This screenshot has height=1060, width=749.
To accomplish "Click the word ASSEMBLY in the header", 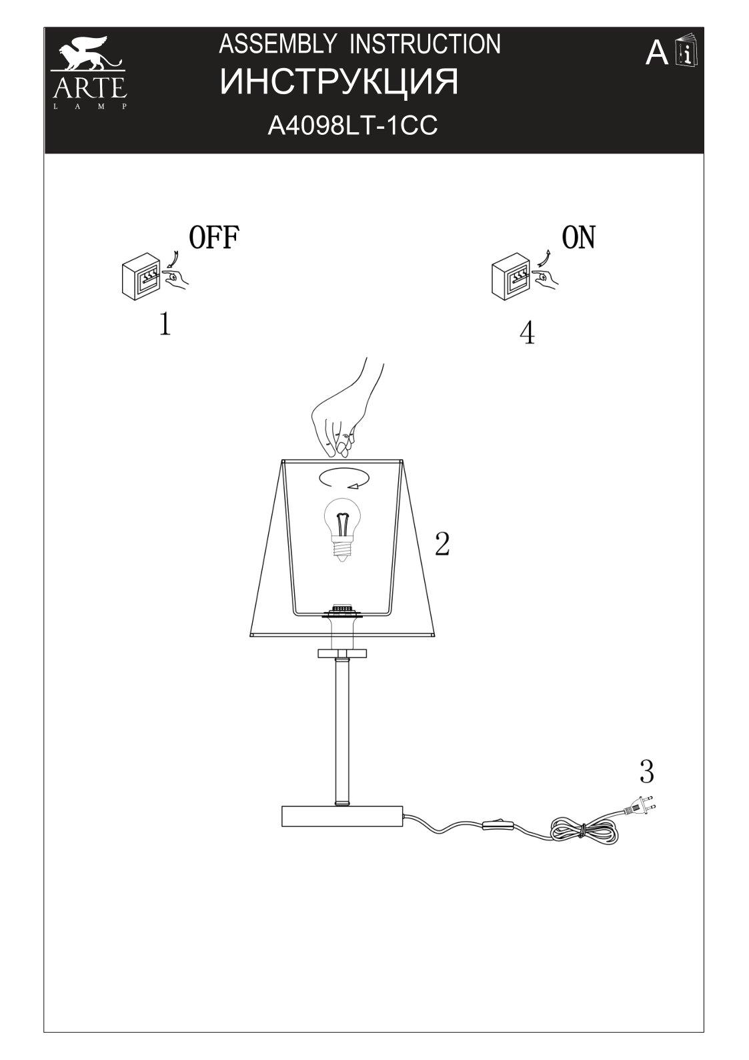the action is click(277, 44).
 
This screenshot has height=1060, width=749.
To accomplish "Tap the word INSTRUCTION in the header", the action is click(425, 44).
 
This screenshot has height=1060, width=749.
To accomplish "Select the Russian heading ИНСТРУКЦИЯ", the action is click(339, 83).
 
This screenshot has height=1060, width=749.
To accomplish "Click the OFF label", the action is click(213, 238).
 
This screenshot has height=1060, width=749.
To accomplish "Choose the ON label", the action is click(578, 238).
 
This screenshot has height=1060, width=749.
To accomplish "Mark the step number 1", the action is click(165, 324).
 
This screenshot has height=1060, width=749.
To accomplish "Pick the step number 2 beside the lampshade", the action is click(442, 544).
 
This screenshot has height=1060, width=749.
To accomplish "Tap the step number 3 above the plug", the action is click(646, 772).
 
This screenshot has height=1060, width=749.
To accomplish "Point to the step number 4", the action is click(527, 332).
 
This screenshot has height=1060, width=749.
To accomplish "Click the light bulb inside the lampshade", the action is click(340, 529).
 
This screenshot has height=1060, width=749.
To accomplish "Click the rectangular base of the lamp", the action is click(342, 816).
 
